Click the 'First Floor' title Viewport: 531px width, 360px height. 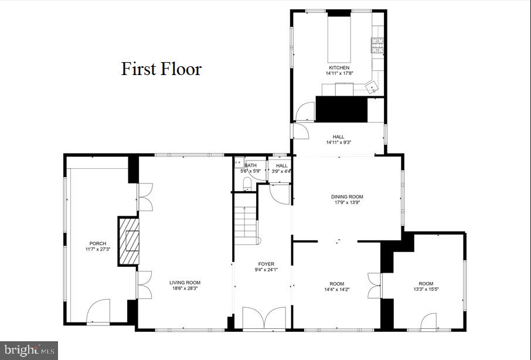point(161,69)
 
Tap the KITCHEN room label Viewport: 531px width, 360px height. point(339,68)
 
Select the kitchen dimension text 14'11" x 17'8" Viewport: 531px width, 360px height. point(339,74)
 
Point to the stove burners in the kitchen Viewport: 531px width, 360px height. point(376,43)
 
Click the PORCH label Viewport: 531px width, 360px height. point(97,244)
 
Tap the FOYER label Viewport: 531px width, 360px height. point(266,264)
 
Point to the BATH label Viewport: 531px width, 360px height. point(251,165)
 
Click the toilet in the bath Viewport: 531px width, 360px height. point(247,185)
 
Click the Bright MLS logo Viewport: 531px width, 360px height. point(28,351)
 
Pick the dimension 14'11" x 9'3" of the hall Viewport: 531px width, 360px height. point(339,142)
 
